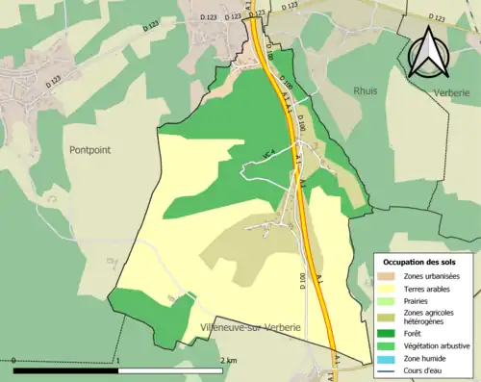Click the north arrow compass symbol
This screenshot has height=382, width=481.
point(428,53)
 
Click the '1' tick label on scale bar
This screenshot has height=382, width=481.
point(118,360)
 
